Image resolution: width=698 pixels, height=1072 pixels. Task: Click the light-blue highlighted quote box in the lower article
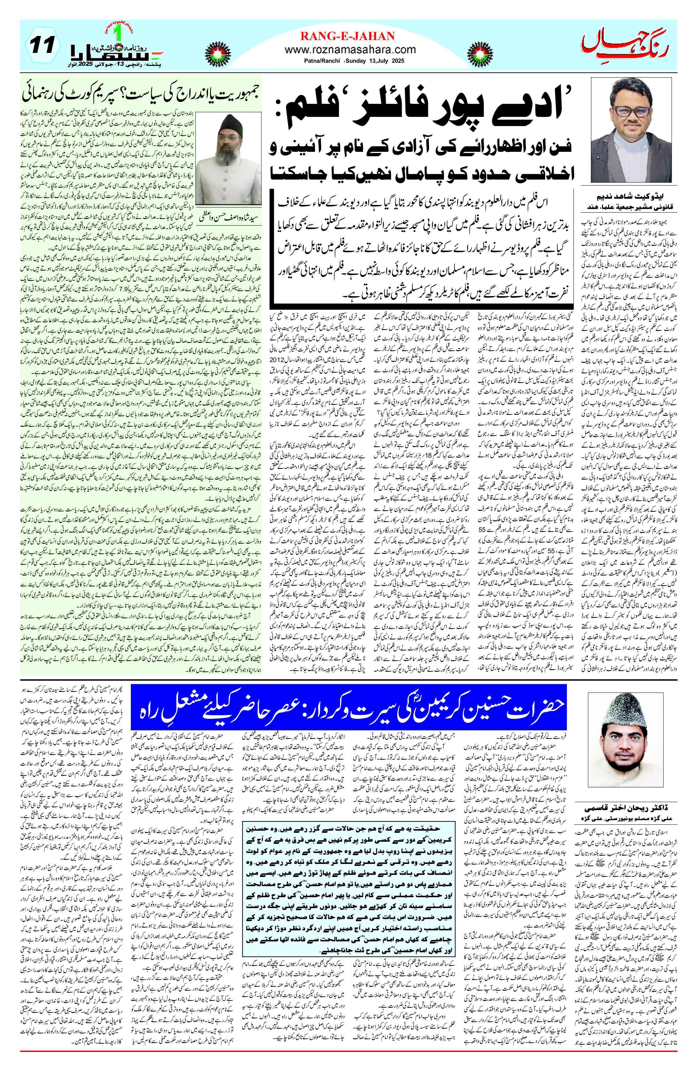click(x=349, y=901)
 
